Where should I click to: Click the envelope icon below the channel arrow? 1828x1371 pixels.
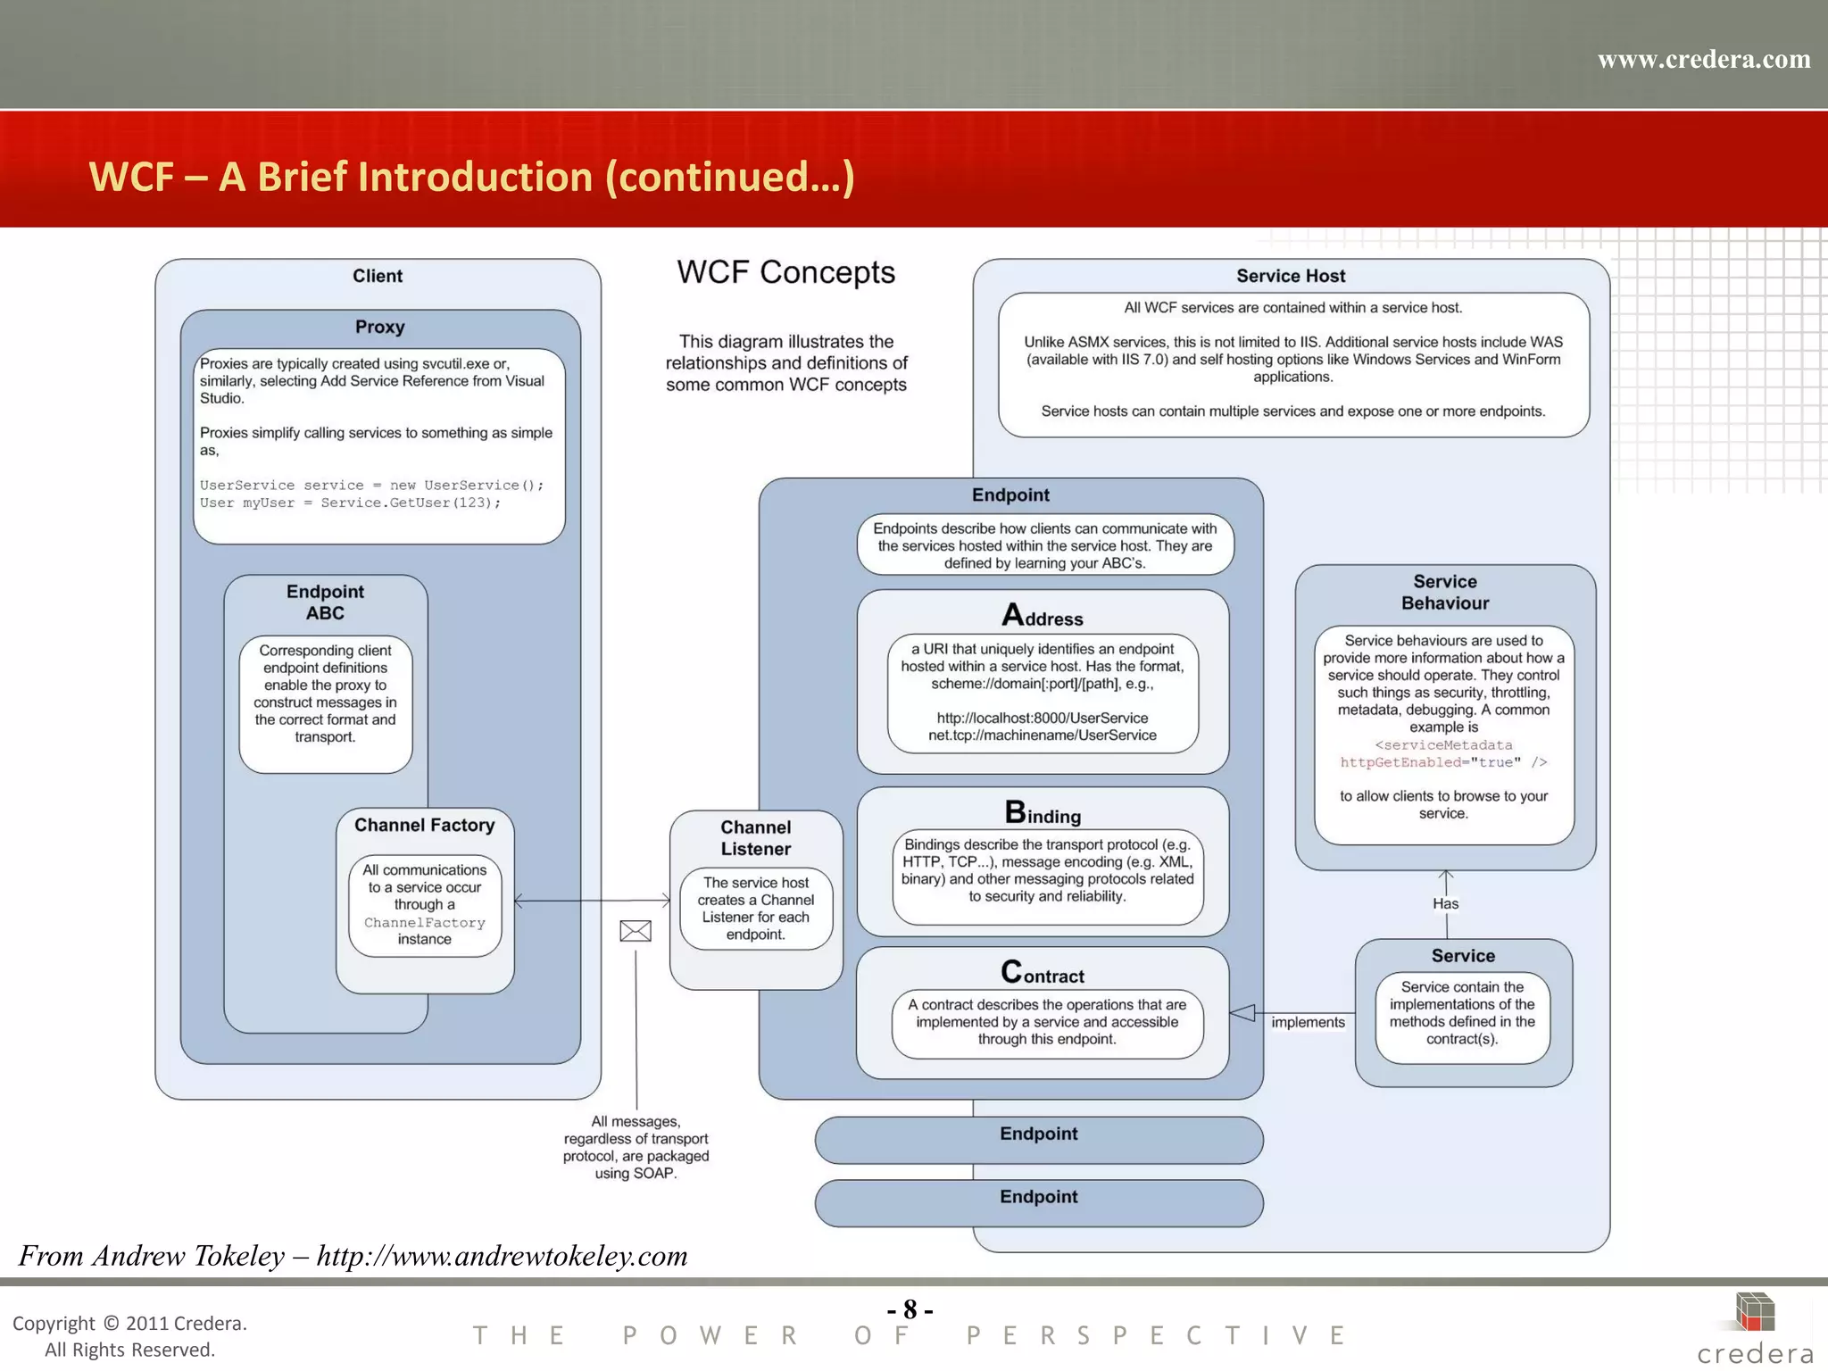point(636,931)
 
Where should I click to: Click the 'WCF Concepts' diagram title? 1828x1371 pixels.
point(785,272)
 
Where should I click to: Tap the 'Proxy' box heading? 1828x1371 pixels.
point(379,327)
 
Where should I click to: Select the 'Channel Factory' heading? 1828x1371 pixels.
point(424,825)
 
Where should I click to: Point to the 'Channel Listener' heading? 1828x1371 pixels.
point(756,837)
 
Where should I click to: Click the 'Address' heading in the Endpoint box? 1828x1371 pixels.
point(1042,616)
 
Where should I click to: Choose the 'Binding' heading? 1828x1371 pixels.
point(1042,813)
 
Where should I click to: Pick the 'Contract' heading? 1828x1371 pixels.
point(1042,973)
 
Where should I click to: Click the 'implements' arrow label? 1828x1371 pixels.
point(1308,1022)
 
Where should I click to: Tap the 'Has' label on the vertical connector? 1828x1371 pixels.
point(1445,903)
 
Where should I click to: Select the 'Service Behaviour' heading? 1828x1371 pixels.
point(1445,592)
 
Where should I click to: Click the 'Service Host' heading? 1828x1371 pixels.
point(1291,276)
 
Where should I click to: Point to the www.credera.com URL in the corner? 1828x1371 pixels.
point(1703,60)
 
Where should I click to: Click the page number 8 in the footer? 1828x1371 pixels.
point(910,1309)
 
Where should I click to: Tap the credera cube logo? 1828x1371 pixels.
point(1754,1312)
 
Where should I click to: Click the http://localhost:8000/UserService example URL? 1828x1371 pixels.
point(1042,718)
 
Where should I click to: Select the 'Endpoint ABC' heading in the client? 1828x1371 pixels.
point(325,602)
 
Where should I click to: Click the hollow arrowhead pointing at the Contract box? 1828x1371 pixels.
point(1242,1012)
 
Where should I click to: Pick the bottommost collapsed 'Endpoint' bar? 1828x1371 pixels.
point(1038,1201)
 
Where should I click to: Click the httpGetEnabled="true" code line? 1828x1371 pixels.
point(1442,762)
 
